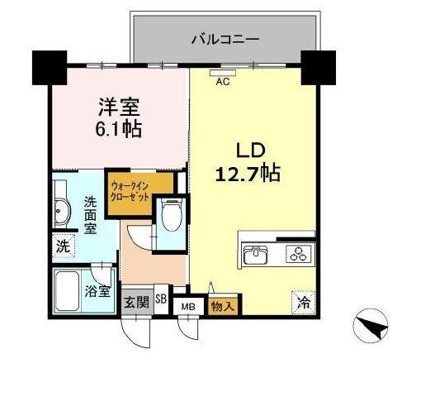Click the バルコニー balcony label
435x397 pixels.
click(x=225, y=38)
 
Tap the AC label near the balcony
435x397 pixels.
click(x=222, y=81)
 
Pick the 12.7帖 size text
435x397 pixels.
click(x=248, y=175)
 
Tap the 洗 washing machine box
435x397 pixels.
click(x=64, y=245)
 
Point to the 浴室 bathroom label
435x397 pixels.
click(x=97, y=290)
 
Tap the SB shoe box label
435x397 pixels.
click(x=161, y=300)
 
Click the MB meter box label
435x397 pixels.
click(x=188, y=306)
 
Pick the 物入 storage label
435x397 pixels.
click(x=220, y=306)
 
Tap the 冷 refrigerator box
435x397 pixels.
click(x=303, y=302)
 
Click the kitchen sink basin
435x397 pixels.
click(x=255, y=254)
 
